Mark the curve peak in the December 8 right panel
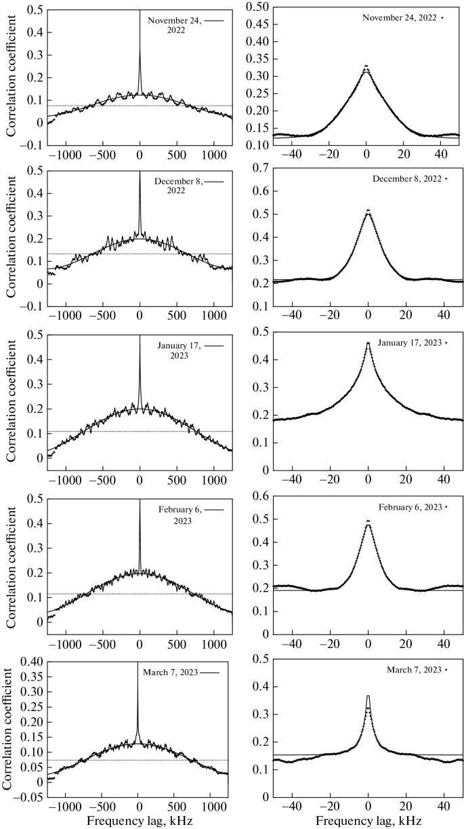(367, 211)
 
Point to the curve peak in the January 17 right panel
(367, 344)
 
